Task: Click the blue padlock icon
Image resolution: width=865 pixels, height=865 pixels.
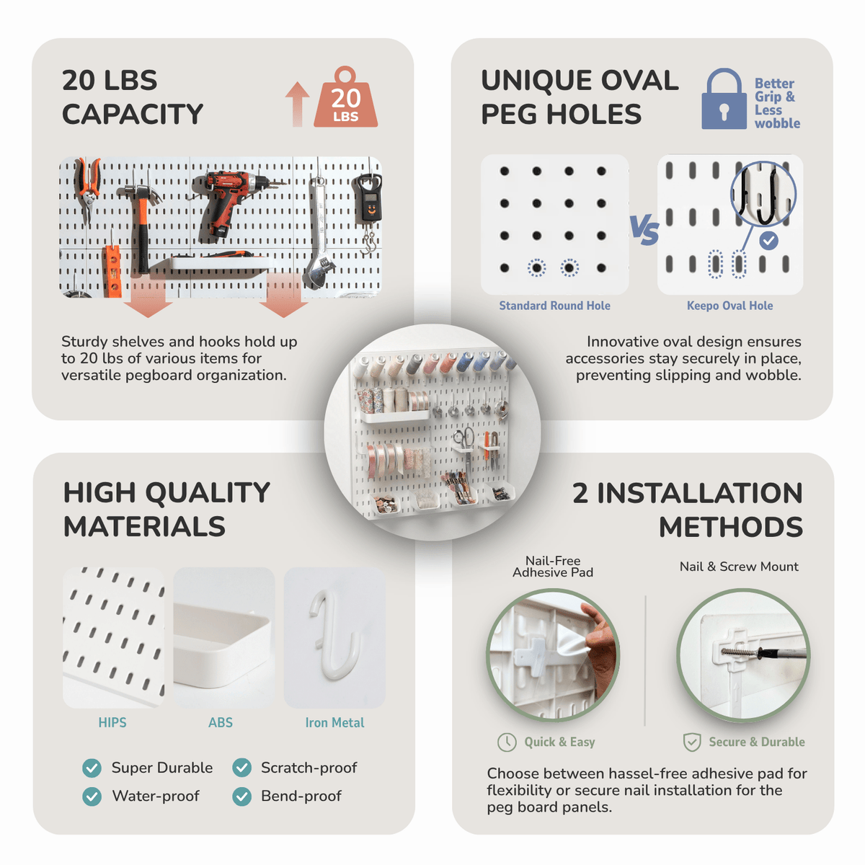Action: coord(724,99)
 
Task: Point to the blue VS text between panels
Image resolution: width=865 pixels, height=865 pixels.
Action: coord(644,230)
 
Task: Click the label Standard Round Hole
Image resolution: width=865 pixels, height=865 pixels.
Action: coord(554,306)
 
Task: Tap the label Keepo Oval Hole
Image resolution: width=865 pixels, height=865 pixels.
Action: coord(730,306)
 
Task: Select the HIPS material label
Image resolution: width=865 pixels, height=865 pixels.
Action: coord(112,723)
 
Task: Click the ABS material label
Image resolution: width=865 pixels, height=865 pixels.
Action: coord(221,723)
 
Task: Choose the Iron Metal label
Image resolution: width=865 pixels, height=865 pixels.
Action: coord(334,723)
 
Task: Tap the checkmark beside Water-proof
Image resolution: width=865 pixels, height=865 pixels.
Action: coord(92,797)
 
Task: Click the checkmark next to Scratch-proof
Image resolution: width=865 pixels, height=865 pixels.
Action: coord(242,768)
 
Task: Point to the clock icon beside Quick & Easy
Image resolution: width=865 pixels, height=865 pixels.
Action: coord(507,742)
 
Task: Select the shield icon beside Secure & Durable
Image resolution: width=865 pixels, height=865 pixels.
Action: coord(692,742)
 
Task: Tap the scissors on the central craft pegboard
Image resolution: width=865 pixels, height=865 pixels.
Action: coord(466,445)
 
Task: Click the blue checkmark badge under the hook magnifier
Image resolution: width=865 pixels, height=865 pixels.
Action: coord(768,241)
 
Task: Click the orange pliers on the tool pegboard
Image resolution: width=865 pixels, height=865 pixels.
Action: coord(87,189)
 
